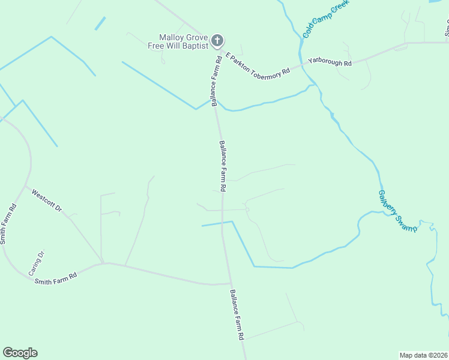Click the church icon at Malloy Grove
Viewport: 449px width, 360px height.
coord(217,41)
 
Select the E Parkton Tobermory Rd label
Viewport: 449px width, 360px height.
coord(258,63)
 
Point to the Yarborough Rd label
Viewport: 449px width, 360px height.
coord(330,61)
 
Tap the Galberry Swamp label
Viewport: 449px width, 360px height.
coord(397,211)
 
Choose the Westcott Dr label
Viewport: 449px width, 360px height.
coord(47,201)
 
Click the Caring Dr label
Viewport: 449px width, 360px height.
coord(37,263)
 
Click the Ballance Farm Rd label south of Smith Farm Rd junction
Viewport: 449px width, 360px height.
coord(237,315)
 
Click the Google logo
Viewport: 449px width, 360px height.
coord(20,353)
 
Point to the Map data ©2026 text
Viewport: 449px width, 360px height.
coord(423,355)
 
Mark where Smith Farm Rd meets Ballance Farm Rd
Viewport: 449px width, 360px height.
coord(231,283)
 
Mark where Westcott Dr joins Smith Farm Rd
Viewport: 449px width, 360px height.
coord(25,186)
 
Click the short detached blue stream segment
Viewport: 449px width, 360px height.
coord(100,23)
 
